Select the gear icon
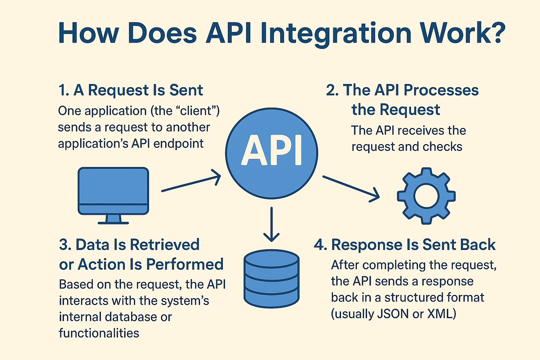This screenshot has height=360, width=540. tap(426, 195)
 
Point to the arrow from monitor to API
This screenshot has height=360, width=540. tap(191, 181)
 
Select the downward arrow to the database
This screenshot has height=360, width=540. tap(271, 225)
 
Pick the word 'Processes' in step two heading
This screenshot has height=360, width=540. tap(441, 90)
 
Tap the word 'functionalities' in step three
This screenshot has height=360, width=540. tap(99, 333)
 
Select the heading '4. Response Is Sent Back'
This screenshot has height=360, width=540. tap(405, 245)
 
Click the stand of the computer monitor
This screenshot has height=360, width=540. tap(113, 219)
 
